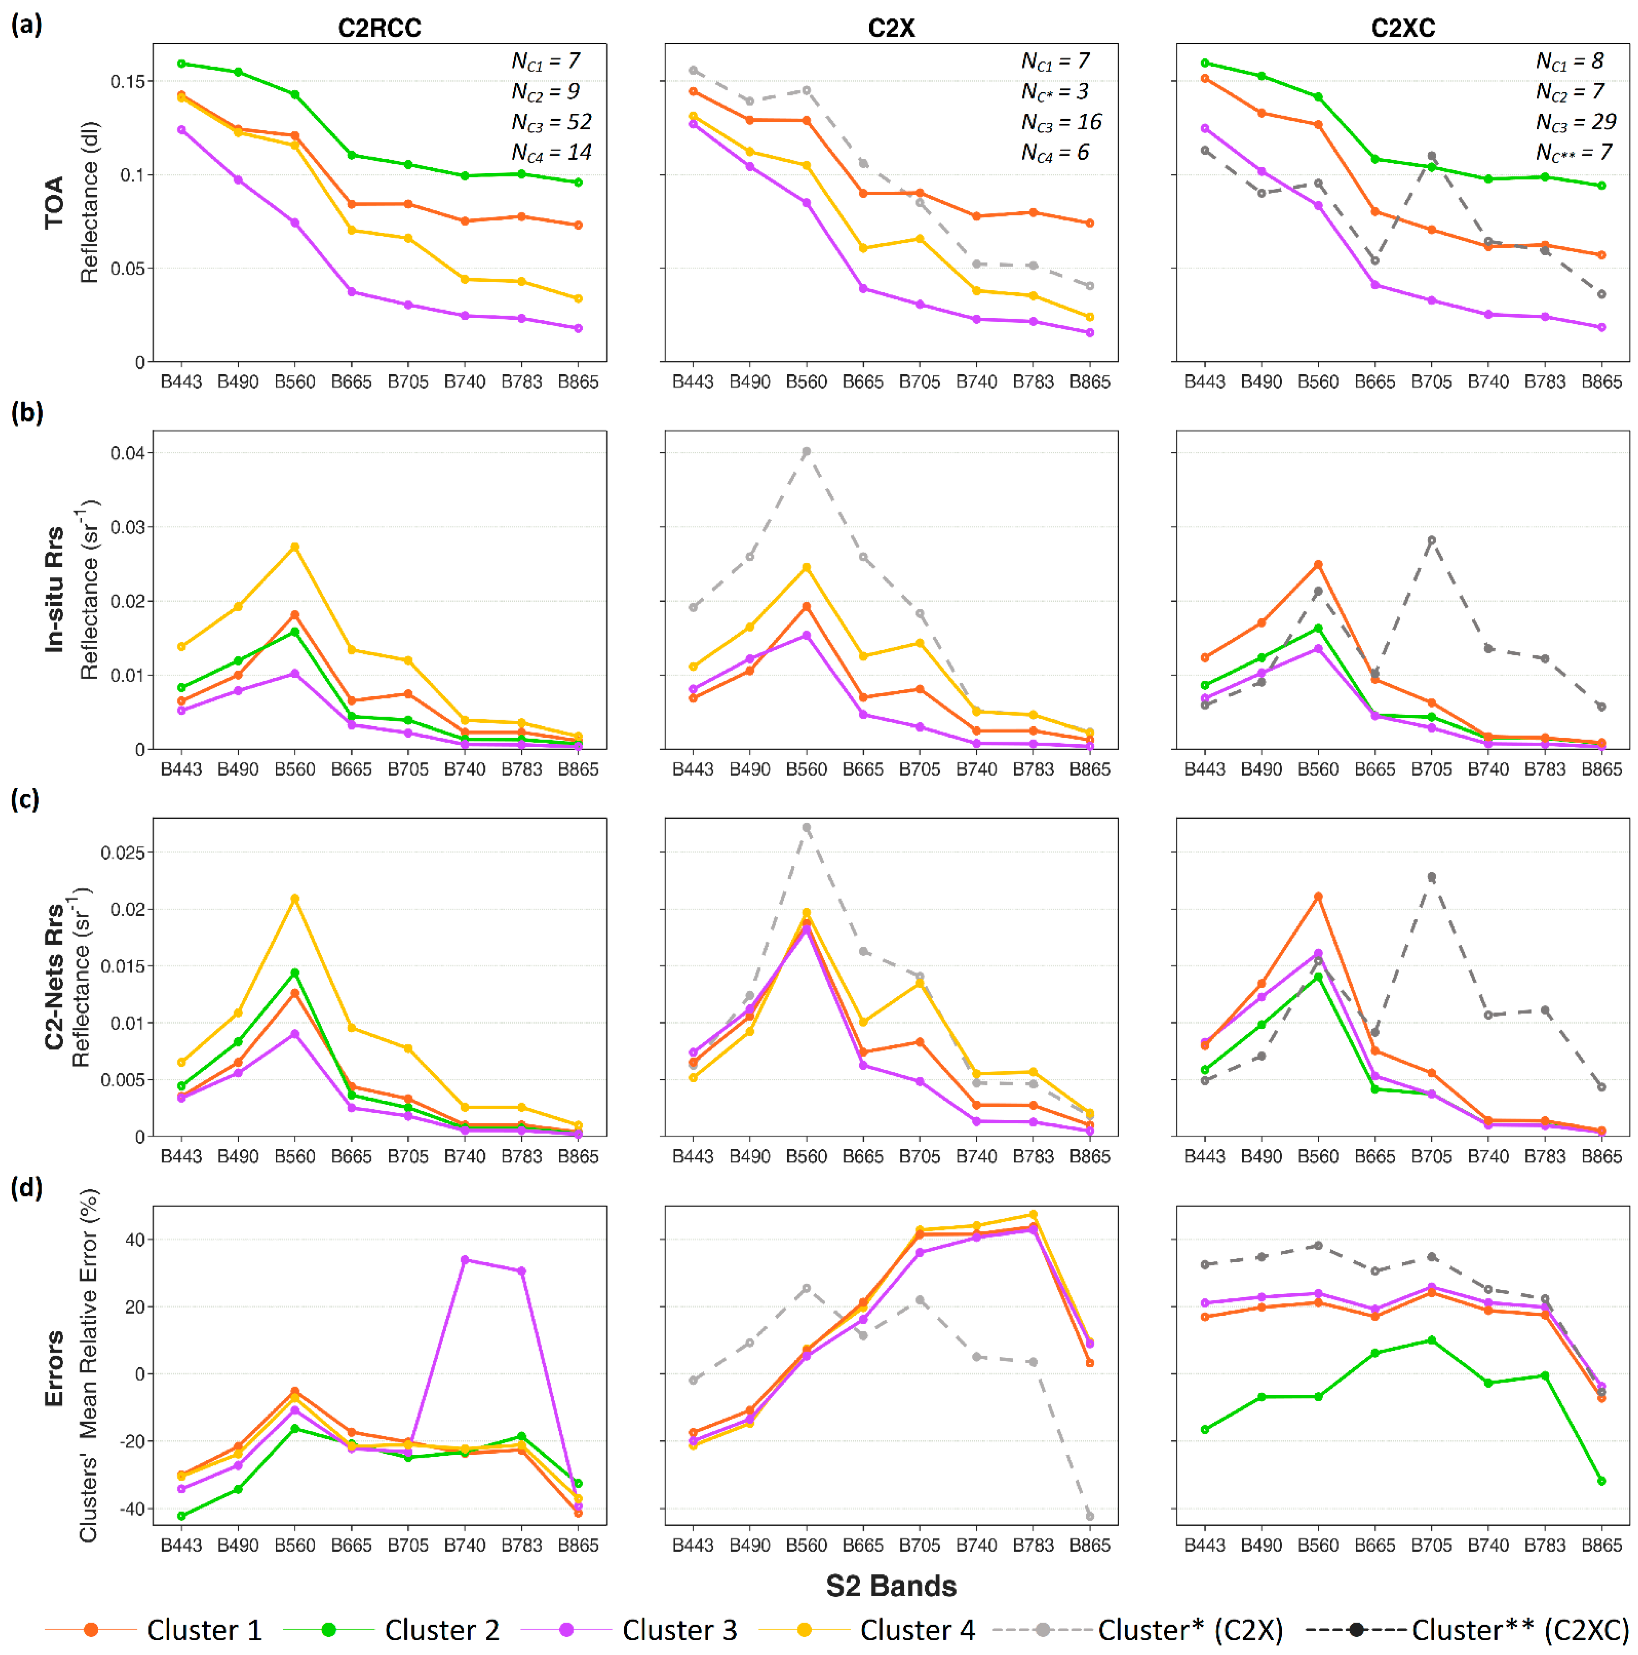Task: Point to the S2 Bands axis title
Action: click(x=891, y=1586)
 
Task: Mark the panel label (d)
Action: click(x=26, y=1187)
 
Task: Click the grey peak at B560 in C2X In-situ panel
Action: click(x=806, y=452)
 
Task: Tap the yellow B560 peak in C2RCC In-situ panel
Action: click(x=295, y=546)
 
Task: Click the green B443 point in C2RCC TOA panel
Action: click(x=182, y=63)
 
